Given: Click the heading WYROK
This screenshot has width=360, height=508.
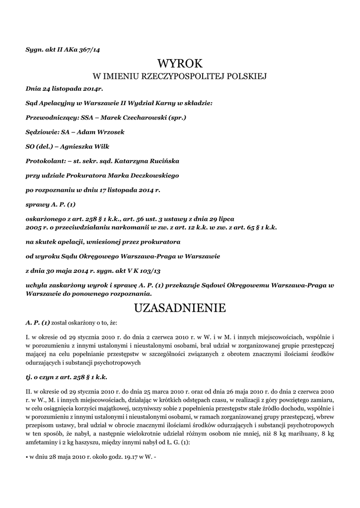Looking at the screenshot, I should tap(180, 63).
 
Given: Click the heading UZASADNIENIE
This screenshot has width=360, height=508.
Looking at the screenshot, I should tap(180, 308).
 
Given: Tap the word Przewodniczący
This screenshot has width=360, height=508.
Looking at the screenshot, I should tap(48, 118).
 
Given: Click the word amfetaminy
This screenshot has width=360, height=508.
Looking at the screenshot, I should tap(43, 443).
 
